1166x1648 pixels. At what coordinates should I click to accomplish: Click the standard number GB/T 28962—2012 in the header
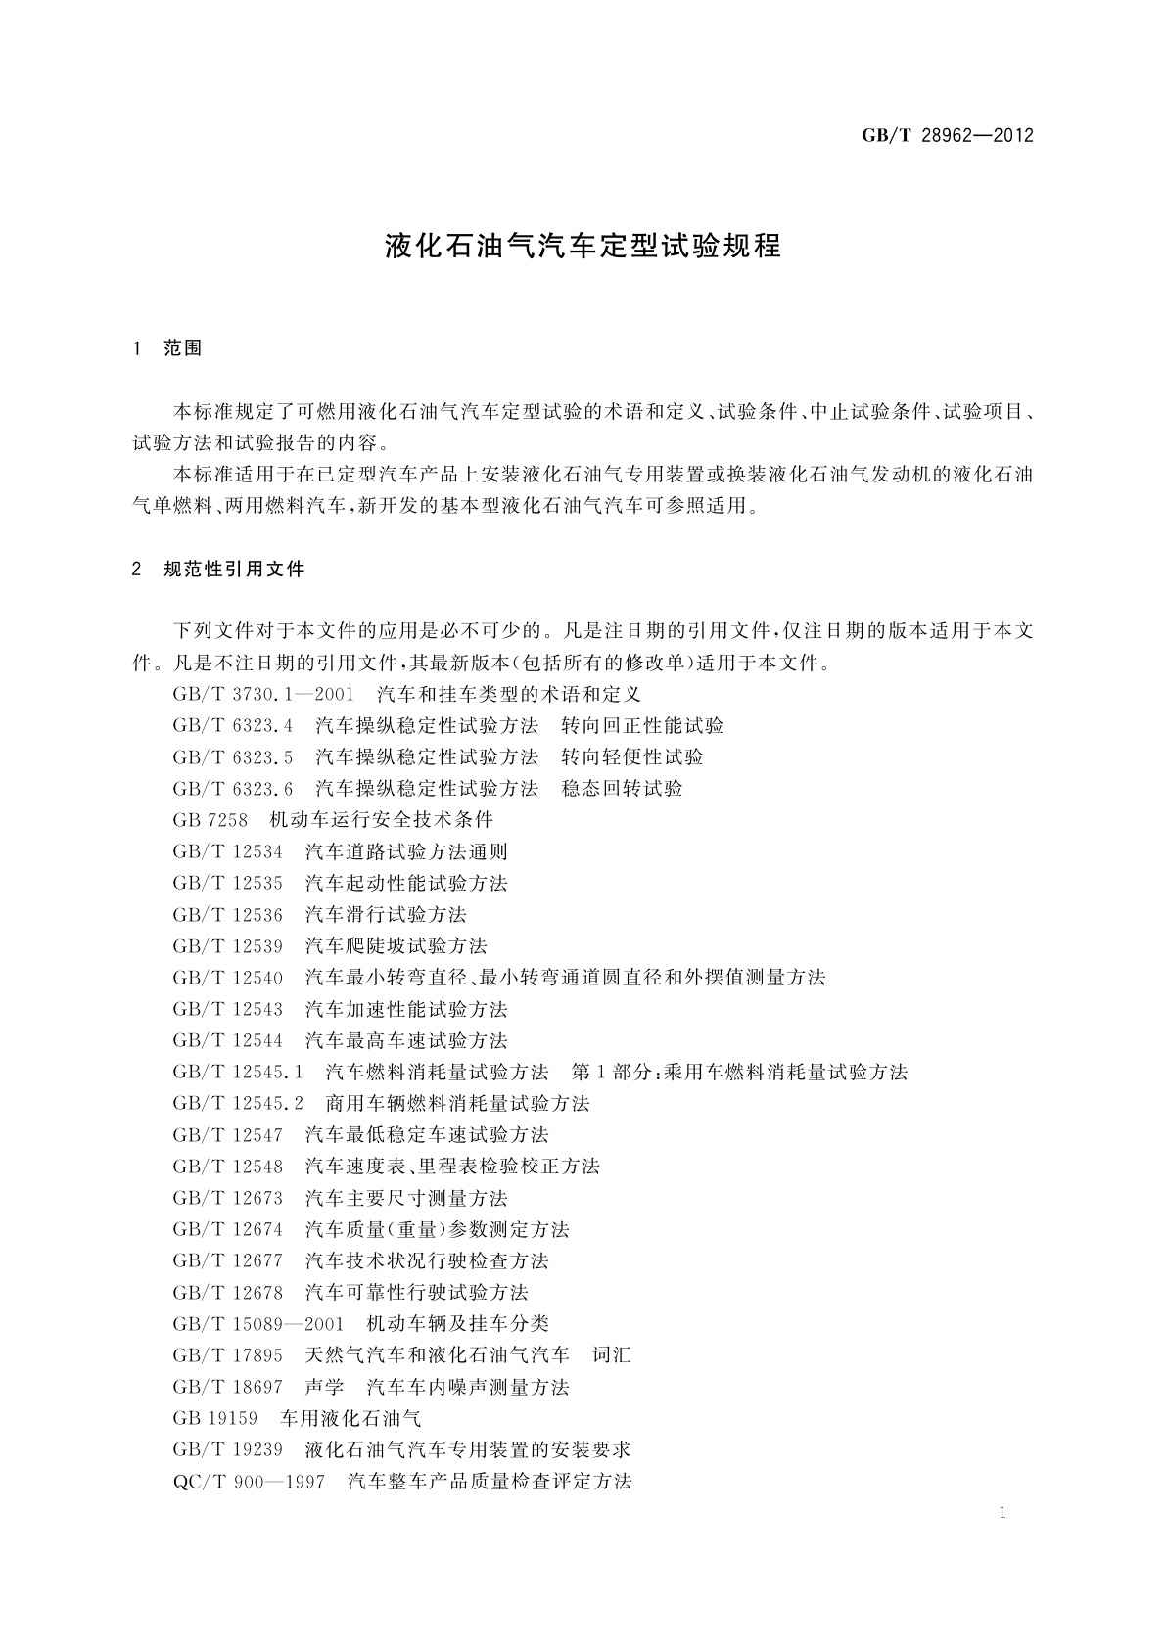(947, 136)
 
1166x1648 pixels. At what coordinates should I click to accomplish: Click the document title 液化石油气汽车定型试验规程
(583, 246)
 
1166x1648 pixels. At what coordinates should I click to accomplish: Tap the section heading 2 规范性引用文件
(218, 569)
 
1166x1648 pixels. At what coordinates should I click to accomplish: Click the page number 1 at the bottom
(1003, 1513)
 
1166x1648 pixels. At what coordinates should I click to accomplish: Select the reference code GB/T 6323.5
(233, 757)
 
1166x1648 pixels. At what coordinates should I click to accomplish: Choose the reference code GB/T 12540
(227, 978)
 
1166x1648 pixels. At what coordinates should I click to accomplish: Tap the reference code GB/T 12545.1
(238, 1072)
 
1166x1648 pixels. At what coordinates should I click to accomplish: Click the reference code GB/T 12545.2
(238, 1104)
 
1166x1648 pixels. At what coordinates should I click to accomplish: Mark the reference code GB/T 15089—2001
(258, 1324)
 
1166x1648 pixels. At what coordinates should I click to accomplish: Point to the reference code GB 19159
(214, 1418)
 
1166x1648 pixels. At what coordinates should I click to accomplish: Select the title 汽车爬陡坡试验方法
(396, 946)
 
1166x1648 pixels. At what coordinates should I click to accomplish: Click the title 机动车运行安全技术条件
(381, 820)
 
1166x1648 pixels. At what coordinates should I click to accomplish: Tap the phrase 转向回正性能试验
(642, 726)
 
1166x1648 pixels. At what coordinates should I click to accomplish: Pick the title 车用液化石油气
(350, 1418)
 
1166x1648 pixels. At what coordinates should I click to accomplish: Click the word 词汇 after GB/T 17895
(612, 1355)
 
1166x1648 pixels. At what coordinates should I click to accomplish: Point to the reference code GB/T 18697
(227, 1387)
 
